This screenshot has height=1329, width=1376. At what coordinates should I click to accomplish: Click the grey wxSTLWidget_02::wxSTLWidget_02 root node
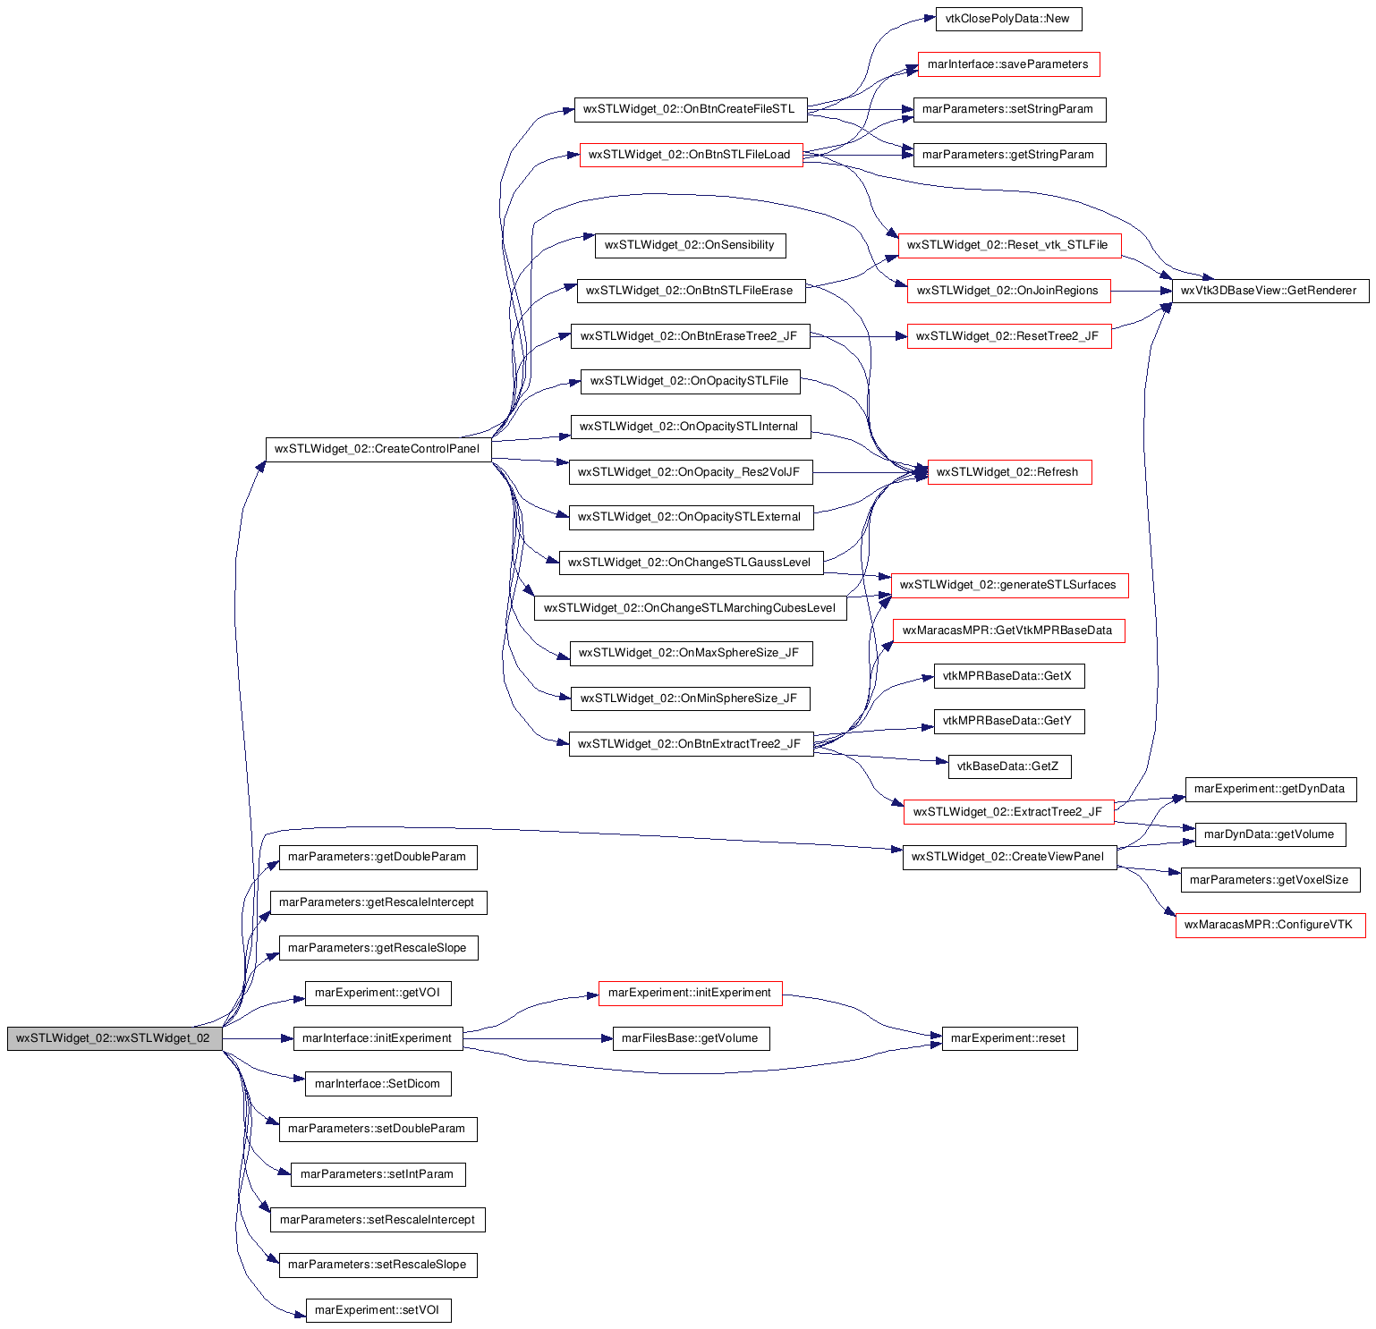pyautogui.click(x=115, y=1038)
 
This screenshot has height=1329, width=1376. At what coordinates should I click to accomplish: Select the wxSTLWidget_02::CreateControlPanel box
pyautogui.click(x=378, y=449)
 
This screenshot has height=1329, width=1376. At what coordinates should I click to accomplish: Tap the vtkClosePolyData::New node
pyautogui.click(x=1008, y=19)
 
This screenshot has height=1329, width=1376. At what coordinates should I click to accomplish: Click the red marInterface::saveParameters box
pyautogui.click(x=1008, y=64)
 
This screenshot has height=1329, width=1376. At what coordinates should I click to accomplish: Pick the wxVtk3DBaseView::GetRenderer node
pyautogui.click(x=1270, y=291)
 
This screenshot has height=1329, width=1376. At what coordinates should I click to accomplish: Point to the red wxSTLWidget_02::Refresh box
pyautogui.click(x=1009, y=472)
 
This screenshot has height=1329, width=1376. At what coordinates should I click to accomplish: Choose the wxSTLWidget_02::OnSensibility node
pyautogui.click(x=690, y=245)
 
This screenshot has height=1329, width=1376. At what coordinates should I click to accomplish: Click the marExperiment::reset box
pyautogui.click(x=1009, y=1038)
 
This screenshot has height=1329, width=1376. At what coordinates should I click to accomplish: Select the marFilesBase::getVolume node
pyautogui.click(x=691, y=1038)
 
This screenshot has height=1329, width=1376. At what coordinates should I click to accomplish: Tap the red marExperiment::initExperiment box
pyautogui.click(x=690, y=993)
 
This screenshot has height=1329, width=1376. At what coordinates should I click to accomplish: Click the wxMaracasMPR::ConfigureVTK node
pyautogui.click(x=1270, y=925)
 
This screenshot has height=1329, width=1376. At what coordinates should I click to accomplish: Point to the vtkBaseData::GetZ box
pyautogui.click(x=1009, y=766)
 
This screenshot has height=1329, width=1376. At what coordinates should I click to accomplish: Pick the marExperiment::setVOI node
pyautogui.click(x=378, y=1310)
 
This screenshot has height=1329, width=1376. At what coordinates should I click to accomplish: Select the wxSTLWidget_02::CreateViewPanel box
pyautogui.click(x=1009, y=857)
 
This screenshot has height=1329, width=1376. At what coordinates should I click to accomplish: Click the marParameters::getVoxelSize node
pyautogui.click(x=1270, y=880)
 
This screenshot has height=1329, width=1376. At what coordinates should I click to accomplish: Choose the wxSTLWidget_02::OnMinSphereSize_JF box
pyautogui.click(x=690, y=698)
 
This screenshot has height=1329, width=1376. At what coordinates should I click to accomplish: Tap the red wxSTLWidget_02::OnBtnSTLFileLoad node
pyautogui.click(x=691, y=155)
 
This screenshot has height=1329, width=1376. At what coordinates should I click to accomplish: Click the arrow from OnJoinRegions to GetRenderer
pyautogui.click(x=1141, y=291)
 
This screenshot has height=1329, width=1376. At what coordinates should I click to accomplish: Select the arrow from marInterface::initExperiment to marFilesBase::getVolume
pyautogui.click(x=538, y=1038)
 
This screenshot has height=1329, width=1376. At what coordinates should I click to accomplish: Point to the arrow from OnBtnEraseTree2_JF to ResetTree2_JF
pyautogui.click(x=859, y=336)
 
